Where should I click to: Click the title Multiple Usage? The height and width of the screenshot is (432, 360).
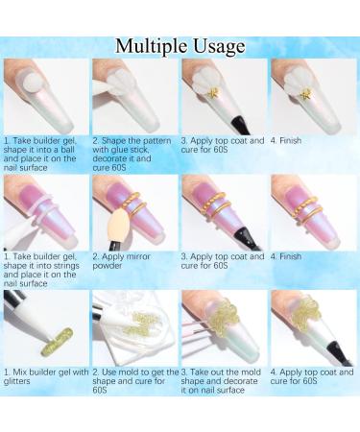point(180,47)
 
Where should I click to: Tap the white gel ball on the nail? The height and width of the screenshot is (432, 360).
point(34,82)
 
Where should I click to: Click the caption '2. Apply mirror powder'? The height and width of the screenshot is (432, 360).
point(121,261)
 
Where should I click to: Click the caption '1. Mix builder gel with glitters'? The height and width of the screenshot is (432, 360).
point(46,376)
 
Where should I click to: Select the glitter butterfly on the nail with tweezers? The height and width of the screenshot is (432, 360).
point(225,318)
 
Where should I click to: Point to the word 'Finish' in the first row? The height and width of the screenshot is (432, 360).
point(290,140)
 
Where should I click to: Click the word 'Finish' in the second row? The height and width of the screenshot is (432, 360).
point(290,256)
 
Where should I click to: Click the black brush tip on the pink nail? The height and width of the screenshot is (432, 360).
point(246,238)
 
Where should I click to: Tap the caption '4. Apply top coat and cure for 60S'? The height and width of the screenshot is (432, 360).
point(312,376)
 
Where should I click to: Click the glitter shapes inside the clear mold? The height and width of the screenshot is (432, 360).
point(139,324)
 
